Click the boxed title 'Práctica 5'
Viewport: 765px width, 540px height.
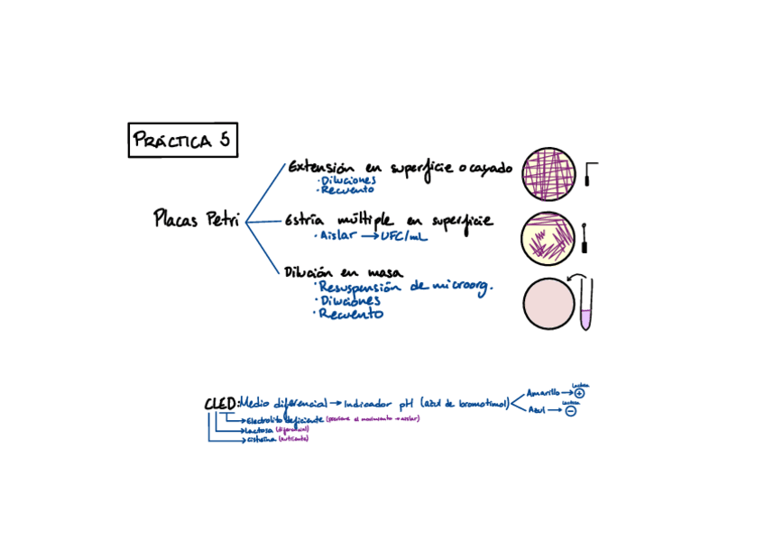(182, 140)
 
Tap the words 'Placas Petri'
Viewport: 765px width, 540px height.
(197, 219)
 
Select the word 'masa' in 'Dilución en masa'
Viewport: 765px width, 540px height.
(383, 272)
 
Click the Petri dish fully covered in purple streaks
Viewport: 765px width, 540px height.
(548, 173)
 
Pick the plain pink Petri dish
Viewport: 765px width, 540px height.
(548, 303)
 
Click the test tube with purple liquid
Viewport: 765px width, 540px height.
(586, 304)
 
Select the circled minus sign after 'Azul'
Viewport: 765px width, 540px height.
(571, 411)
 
